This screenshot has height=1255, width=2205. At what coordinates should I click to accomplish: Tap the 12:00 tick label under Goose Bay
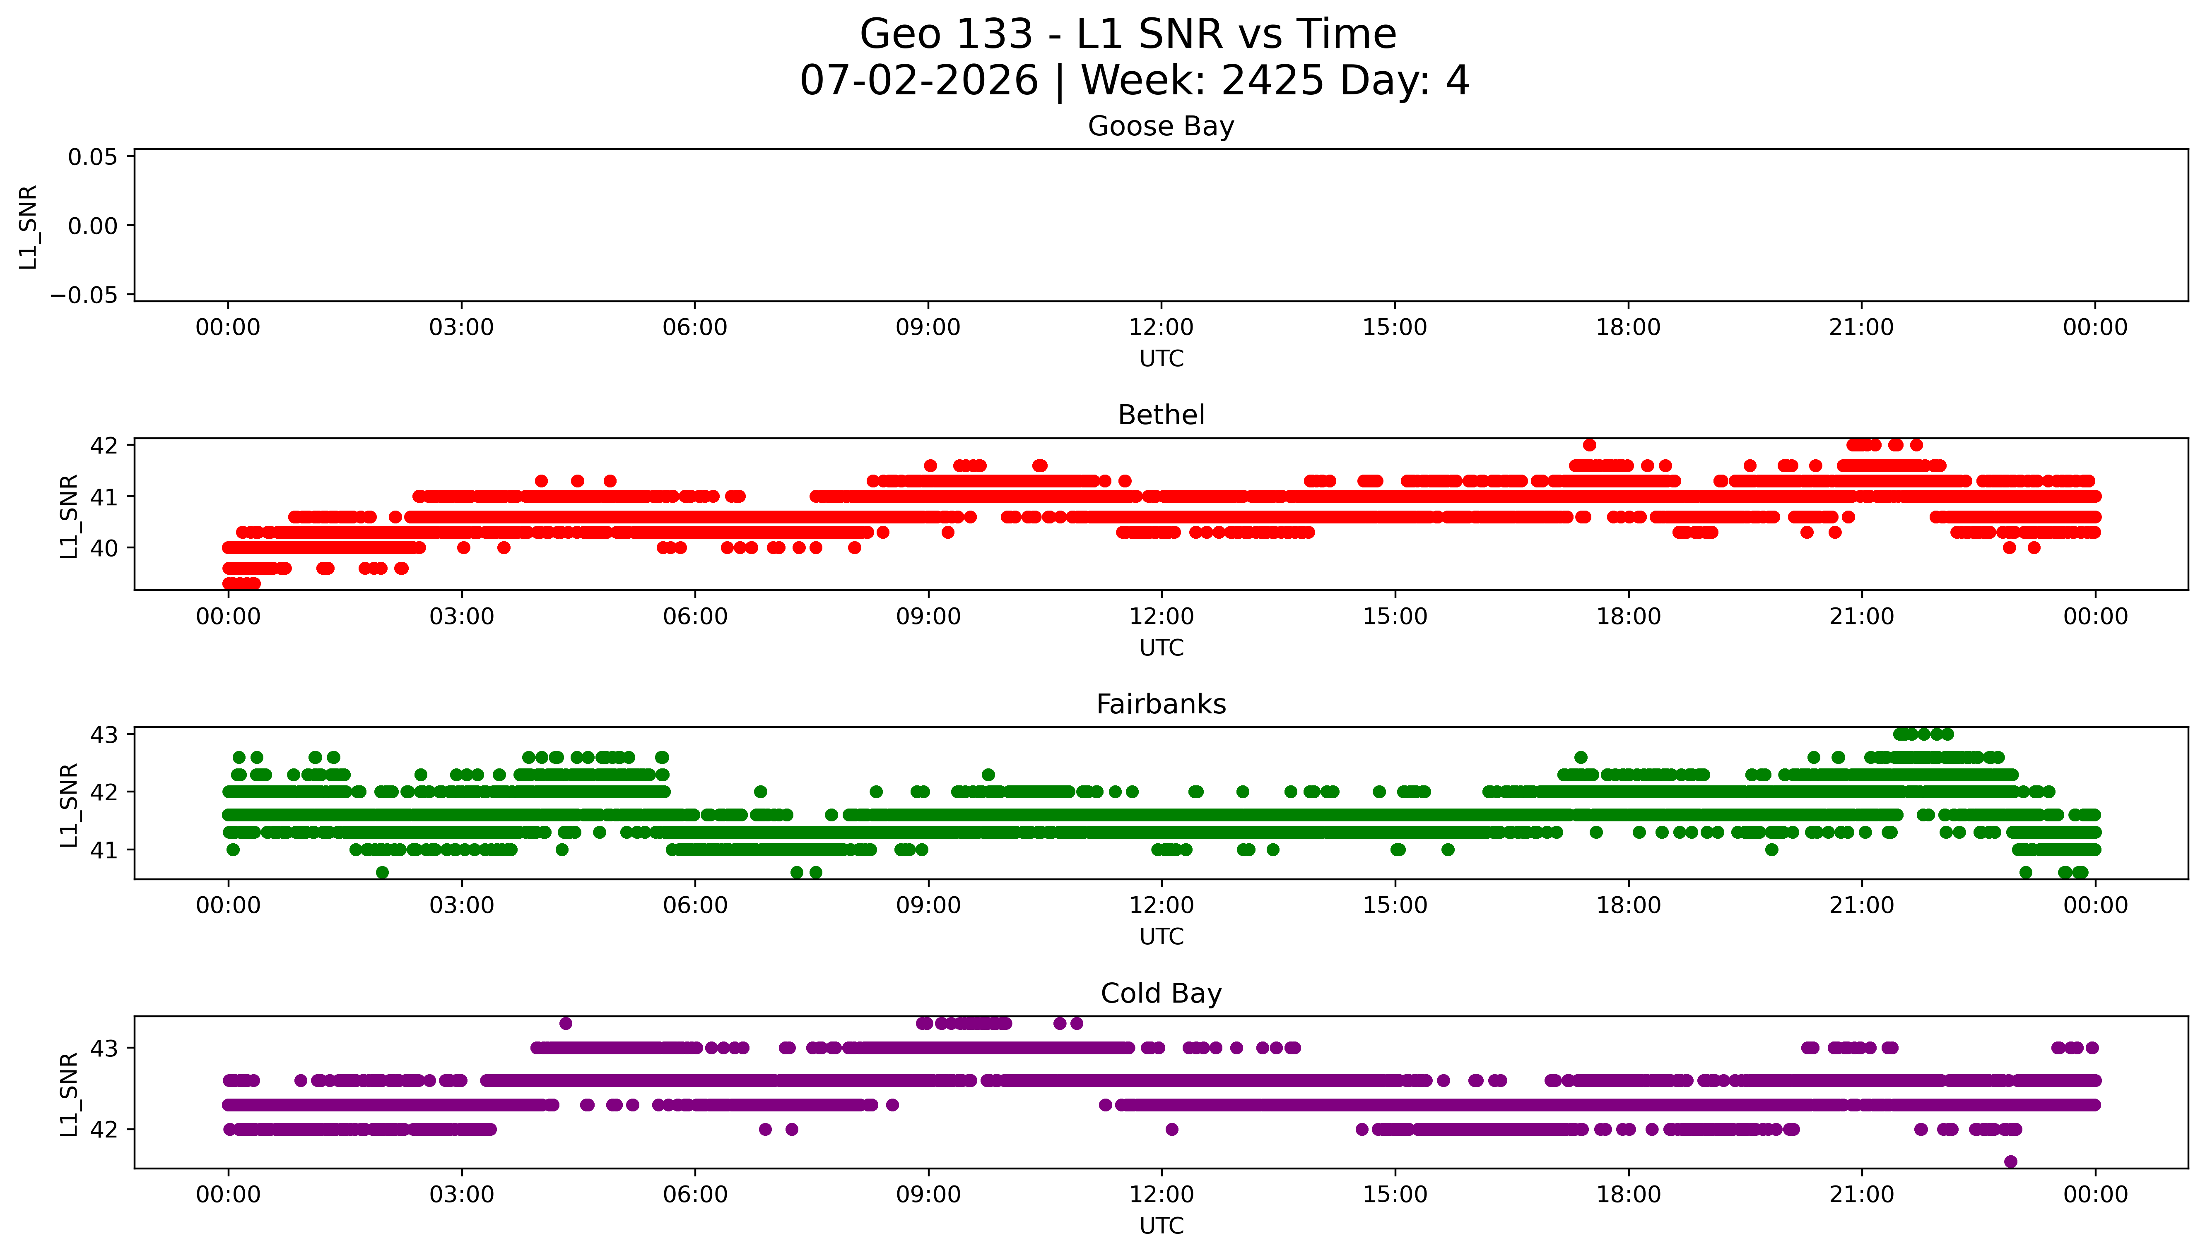tap(1161, 328)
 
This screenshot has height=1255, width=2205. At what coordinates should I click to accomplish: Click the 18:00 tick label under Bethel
tap(1628, 616)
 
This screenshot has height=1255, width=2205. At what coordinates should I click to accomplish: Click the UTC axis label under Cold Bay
tap(1161, 1226)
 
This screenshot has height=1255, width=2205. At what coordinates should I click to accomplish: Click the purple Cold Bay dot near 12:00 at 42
tap(1171, 1129)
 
